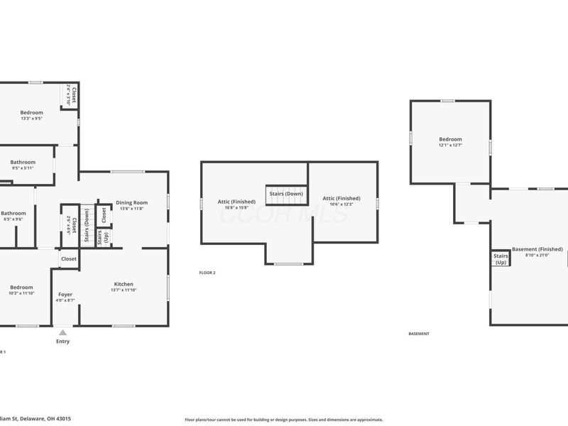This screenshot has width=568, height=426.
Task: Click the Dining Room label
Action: point(132,202)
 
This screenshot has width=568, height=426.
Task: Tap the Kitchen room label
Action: point(124,284)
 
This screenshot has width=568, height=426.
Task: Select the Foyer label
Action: point(65,294)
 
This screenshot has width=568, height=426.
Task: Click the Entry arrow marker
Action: point(62,332)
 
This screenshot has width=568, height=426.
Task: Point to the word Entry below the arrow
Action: point(62,342)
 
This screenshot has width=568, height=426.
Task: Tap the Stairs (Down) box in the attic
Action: point(285,194)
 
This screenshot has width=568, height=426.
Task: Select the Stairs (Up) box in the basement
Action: point(501,259)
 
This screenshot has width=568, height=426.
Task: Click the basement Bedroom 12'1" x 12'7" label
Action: point(450,139)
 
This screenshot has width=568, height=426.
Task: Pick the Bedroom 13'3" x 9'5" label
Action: point(31,113)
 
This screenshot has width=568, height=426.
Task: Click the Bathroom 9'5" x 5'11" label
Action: point(23,163)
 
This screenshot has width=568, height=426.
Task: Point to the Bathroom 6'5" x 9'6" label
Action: point(13,213)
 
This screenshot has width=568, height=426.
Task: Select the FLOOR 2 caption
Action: point(207,273)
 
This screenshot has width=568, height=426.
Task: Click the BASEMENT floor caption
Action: point(419,334)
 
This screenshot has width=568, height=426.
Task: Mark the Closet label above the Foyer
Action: point(69,259)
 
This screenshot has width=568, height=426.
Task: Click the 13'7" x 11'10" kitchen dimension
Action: point(124,290)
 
